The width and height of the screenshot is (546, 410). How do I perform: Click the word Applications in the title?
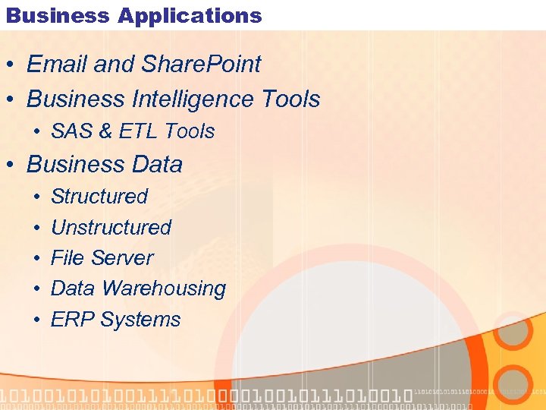point(190,15)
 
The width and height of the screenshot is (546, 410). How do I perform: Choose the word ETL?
point(139,131)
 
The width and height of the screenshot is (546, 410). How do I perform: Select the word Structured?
point(99,196)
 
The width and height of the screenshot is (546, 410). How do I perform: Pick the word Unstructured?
point(111,227)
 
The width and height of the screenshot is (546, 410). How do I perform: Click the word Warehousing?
point(164,289)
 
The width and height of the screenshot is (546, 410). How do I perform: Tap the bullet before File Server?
point(37,259)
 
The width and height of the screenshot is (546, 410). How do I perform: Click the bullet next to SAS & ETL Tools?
point(37,132)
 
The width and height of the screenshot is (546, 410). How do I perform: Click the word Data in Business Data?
point(157,164)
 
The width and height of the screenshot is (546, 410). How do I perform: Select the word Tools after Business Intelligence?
point(290,99)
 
